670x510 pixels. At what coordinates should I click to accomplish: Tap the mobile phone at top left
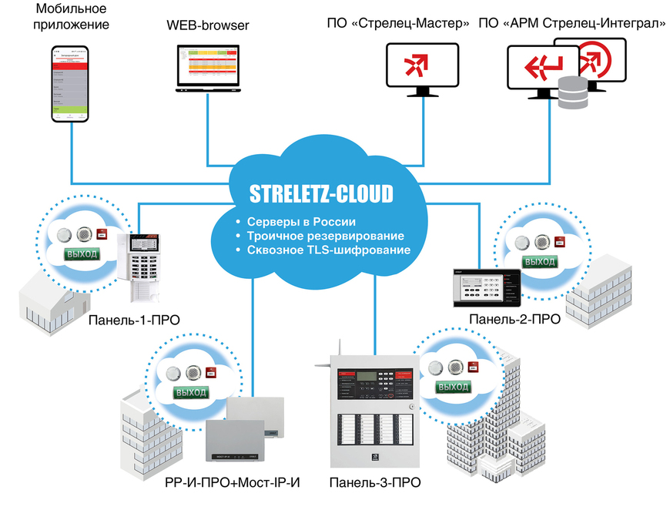[x=70, y=83]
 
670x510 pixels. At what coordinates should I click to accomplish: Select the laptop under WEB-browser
[x=208, y=68]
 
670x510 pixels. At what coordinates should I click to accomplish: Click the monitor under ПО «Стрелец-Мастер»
[x=422, y=68]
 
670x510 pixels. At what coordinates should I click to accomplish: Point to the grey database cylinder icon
[x=572, y=94]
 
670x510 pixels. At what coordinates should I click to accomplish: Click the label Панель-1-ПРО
[x=135, y=320]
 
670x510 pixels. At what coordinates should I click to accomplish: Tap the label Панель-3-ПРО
[x=374, y=484]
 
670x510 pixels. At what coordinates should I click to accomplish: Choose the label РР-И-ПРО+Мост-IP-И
[x=232, y=484]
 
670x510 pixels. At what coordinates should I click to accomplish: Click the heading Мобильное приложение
[x=72, y=17]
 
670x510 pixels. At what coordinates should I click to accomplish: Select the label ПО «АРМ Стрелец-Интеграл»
[x=571, y=23]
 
